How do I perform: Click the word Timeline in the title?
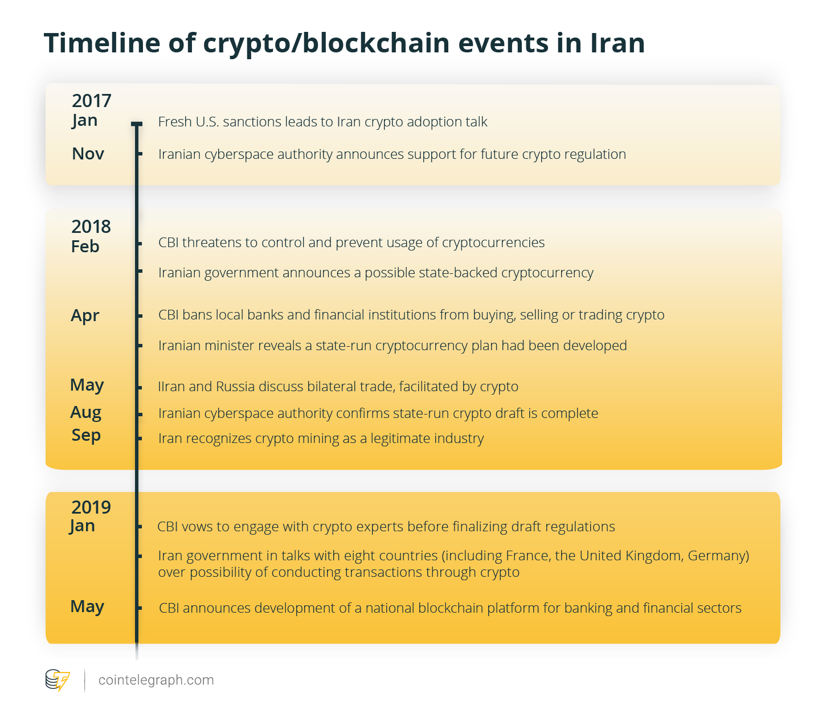coord(102,43)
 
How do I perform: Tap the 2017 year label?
coord(91,101)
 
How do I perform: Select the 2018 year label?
coord(91,226)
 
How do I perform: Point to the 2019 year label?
coord(91,507)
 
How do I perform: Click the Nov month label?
coord(88,154)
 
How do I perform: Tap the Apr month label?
coord(85,316)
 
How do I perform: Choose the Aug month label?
coord(85,413)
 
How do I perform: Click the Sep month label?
coord(86,436)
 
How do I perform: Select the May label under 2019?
coord(87,606)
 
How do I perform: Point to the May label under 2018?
coord(87,385)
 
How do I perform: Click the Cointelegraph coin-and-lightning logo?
coord(58,680)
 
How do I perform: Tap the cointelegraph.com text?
coord(156,680)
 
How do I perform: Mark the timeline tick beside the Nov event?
coord(140,154)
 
